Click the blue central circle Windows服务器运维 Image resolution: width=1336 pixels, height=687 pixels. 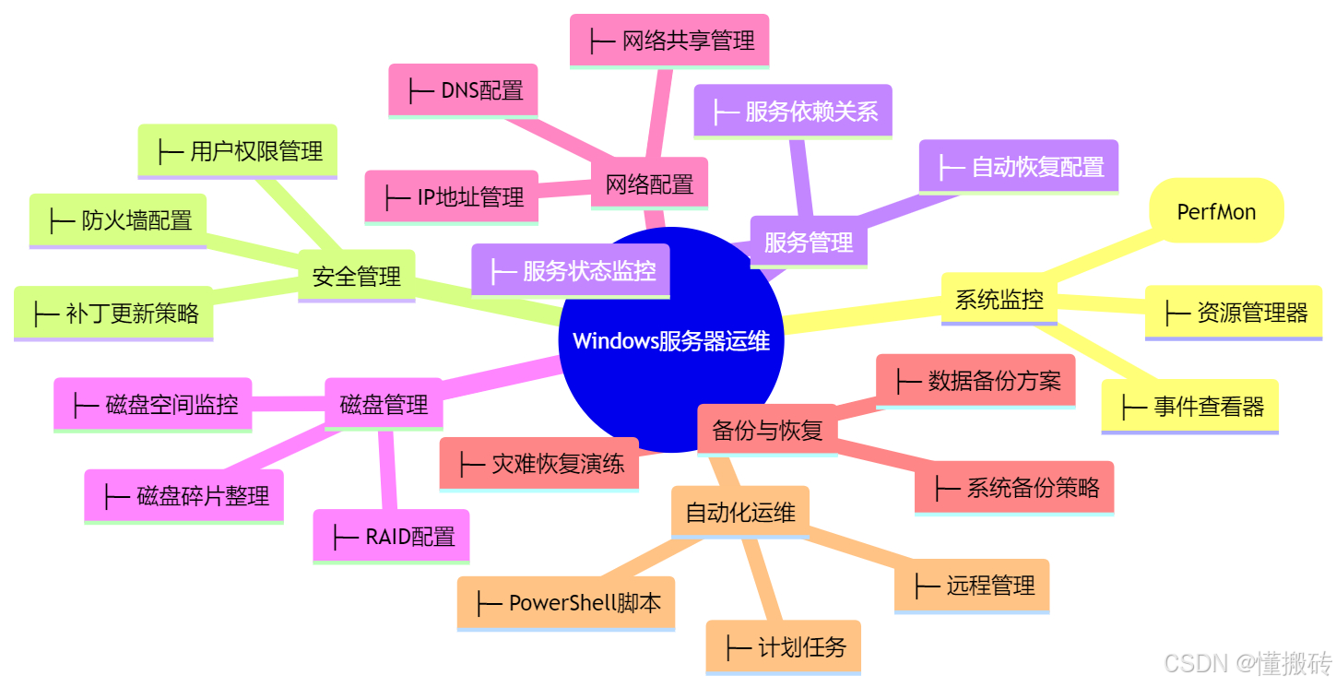tap(671, 341)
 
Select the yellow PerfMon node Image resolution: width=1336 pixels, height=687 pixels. tap(1216, 212)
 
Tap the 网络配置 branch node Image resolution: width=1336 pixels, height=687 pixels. tap(649, 184)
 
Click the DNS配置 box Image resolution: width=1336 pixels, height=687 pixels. tap(463, 90)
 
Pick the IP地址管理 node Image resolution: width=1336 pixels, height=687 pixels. tap(452, 197)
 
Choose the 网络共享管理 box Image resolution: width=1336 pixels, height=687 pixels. tap(669, 41)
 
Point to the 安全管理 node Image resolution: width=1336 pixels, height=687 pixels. tap(356, 276)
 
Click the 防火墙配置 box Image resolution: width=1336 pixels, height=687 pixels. tap(118, 220)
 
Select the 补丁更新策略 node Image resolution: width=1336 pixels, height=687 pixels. tap(114, 314)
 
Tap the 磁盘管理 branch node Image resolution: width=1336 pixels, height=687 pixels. tap(384, 404)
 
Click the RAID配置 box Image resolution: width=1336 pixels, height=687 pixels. tap(391, 536)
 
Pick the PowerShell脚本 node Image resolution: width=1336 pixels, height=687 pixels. tap(566, 603)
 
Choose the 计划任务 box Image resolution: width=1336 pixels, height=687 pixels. tap(784, 647)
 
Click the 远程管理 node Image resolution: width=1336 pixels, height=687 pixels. tap(972, 586)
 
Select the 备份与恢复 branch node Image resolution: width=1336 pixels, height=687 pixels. tap(767, 430)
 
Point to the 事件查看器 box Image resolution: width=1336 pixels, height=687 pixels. tap(1190, 406)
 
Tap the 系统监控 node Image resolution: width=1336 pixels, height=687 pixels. tap(999, 299)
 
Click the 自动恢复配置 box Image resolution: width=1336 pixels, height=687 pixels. tap(1019, 167)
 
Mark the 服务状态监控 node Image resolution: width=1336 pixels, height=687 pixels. tap(571, 271)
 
